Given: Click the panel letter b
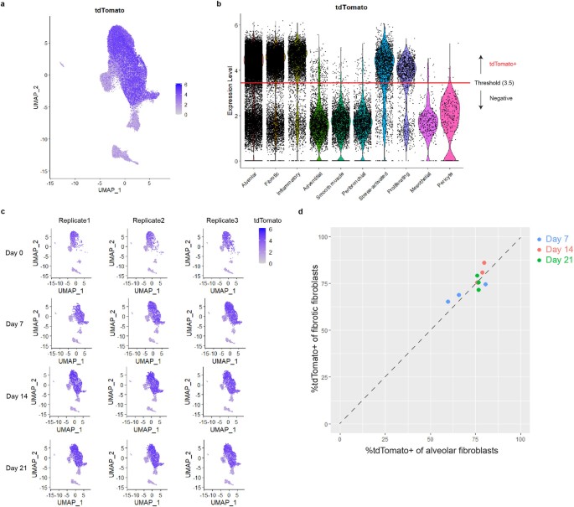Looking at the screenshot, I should click(x=219, y=5).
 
